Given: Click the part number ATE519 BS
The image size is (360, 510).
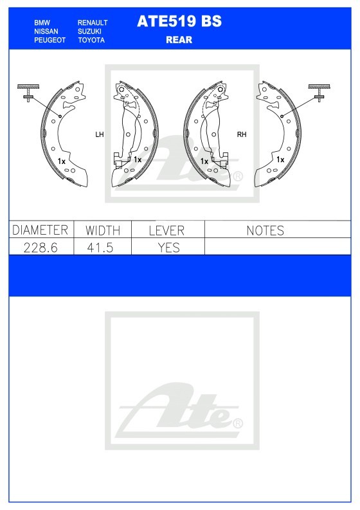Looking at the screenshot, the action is click(179, 21).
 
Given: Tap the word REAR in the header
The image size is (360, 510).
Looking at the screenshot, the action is click(179, 40).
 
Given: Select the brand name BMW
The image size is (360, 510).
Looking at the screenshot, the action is click(42, 23).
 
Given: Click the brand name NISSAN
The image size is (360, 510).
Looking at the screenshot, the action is click(46, 32).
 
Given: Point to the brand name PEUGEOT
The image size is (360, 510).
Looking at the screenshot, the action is click(50, 40).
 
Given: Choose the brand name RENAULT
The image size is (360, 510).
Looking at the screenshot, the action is click(93, 23).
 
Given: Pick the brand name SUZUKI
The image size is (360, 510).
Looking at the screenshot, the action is click(89, 32).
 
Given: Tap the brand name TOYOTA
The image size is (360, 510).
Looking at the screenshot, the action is click(91, 40).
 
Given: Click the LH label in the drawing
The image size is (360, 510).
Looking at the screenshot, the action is click(100, 134).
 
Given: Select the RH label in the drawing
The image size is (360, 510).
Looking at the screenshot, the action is click(242, 134).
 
